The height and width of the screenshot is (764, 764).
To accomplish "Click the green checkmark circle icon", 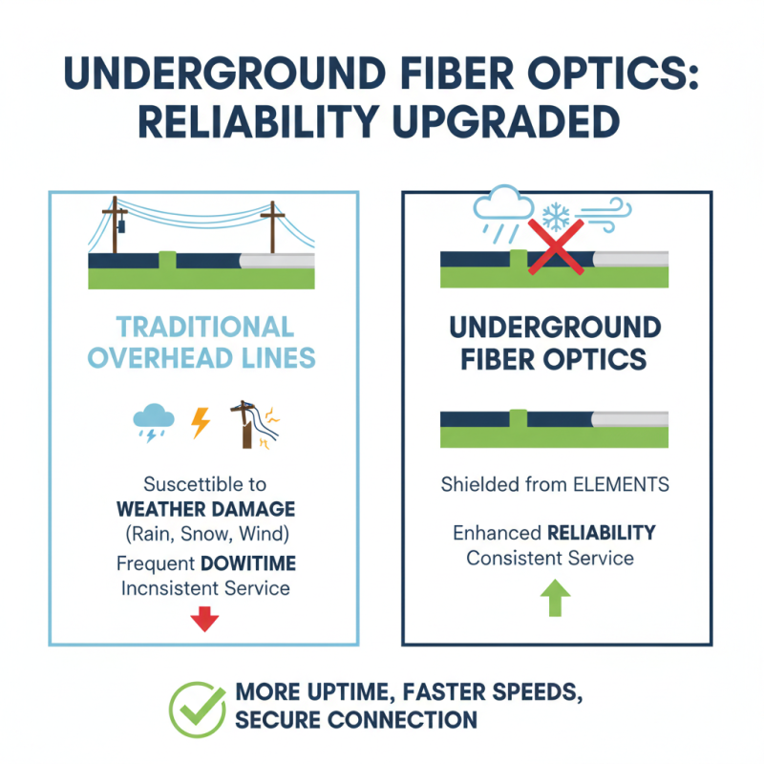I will pyautogui.click(x=198, y=709).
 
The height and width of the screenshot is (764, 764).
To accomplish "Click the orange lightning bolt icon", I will pyautogui.click(x=201, y=422).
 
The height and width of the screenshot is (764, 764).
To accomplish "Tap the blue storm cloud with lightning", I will pyautogui.click(x=154, y=420).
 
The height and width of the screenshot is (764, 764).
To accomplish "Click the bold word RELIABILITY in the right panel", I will pyautogui.click(x=601, y=533).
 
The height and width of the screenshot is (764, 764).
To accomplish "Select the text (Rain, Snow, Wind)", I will pyautogui.click(x=205, y=533).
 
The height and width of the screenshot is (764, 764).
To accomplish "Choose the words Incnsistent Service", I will pyautogui.click(x=205, y=588).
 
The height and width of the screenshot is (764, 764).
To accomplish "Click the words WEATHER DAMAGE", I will pyautogui.click(x=205, y=508).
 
